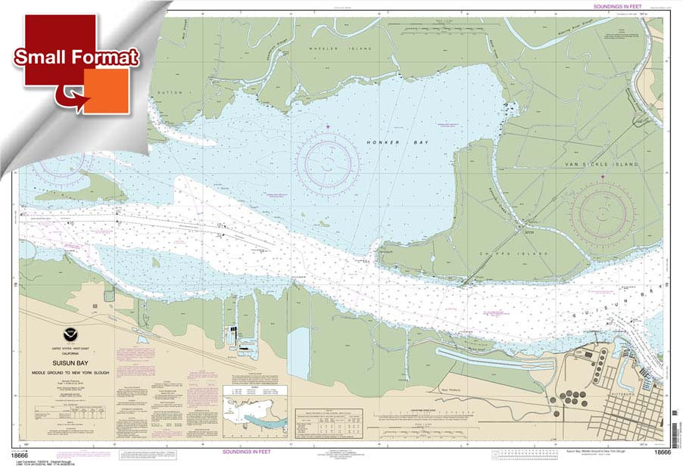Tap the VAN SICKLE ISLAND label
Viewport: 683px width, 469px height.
click(607, 164)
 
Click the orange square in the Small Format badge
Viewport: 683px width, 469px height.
click(106, 91)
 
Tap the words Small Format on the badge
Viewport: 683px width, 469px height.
click(76, 57)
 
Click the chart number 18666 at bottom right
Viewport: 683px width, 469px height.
click(660, 452)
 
